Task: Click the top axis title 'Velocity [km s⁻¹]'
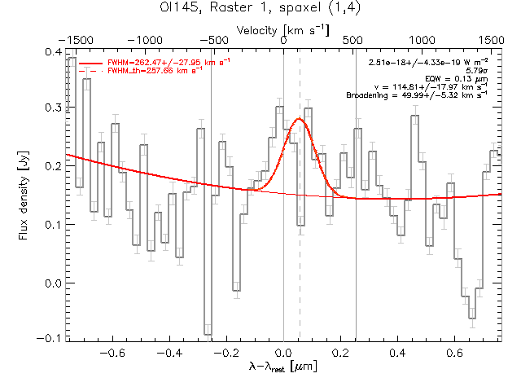(282, 29)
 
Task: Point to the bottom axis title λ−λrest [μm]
(283, 367)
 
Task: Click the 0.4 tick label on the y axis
(53, 51)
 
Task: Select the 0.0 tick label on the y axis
(53, 283)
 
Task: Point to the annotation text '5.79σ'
(476, 71)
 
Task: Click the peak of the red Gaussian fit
(299, 119)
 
